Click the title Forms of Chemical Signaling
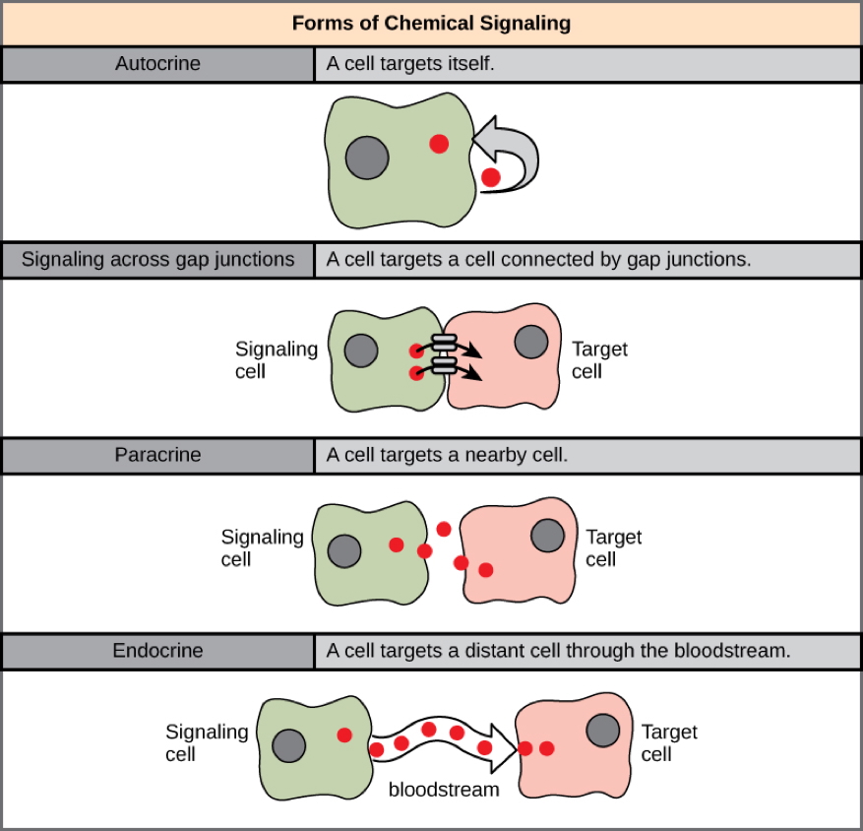tap(431, 23)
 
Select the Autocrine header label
tap(157, 64)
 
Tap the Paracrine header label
tap(157, 456)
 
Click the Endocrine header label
tap(157, 651)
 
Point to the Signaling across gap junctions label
tap(157, 260)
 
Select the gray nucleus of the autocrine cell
tap(367, 158)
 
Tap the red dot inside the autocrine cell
tap(439, 144)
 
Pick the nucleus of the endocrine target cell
tap(603, 731)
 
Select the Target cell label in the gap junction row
tap(599, 360)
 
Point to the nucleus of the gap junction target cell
tap(532, 342)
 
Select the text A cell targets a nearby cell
tap(448, 456)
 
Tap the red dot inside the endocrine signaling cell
tap(344, 735)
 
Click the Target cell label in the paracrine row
tap(614, 548)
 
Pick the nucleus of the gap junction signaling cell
tap(361, 350)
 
